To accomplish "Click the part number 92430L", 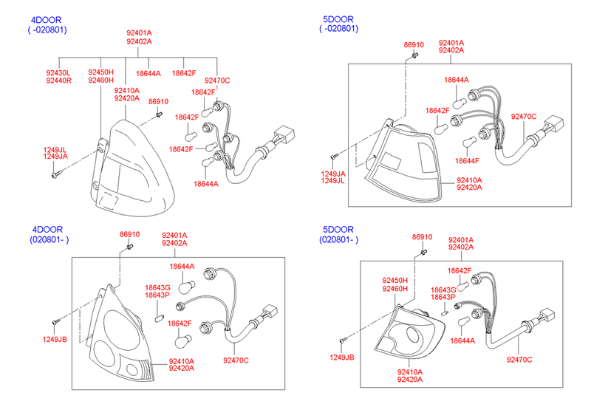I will [x=58, y=72].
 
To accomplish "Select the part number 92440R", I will [x=58, y=81].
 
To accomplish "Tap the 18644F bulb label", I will [x=467, y=160].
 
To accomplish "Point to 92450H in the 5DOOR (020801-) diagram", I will [x=394, y=281].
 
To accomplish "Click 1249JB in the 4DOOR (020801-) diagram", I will [x=54, y=339].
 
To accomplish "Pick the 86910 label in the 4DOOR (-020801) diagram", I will [x=158, y=102].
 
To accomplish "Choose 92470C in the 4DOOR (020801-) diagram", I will [x=236, y=360].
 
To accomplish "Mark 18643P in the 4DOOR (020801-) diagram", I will [x=157, y=295].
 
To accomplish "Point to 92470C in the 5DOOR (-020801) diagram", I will [x=524, y=117].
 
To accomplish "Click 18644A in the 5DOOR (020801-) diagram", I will [x=462, y=341].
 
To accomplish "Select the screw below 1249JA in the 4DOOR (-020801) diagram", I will [x=56, y=175].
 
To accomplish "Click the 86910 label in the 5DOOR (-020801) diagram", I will [x=414, y=45].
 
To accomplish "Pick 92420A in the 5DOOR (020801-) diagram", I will [x=409, y=380].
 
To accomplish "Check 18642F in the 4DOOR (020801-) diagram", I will [x=180, y=323].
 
